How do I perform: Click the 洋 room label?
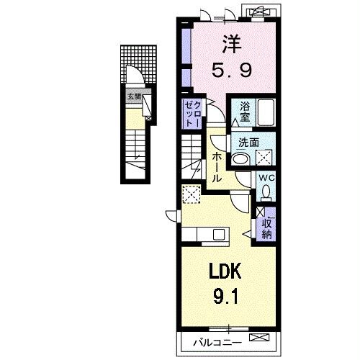230,44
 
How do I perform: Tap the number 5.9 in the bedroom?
230,71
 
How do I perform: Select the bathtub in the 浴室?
265,113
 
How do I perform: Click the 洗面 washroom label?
248,143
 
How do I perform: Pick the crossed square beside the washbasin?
264,158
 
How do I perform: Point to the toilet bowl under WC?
265,192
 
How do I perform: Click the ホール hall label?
216,167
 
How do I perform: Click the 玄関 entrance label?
134,96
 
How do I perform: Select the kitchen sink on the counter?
217,234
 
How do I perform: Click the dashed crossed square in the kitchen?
192,193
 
